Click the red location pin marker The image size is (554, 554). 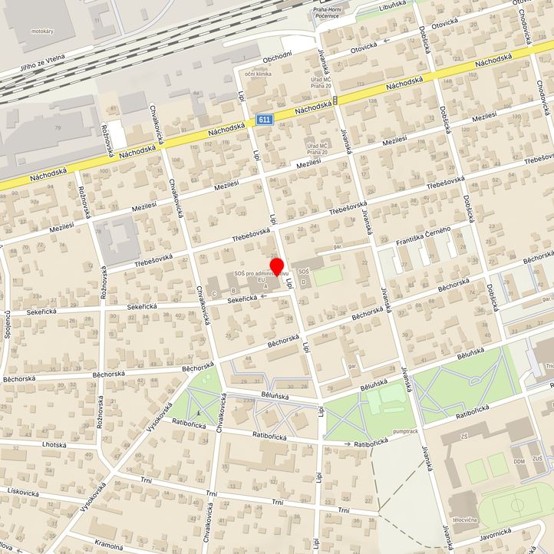278,267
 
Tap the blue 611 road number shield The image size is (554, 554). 265,120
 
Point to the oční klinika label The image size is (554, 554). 259,74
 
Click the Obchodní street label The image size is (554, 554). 278,57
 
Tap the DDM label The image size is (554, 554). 497,461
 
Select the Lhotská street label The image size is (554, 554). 54,444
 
